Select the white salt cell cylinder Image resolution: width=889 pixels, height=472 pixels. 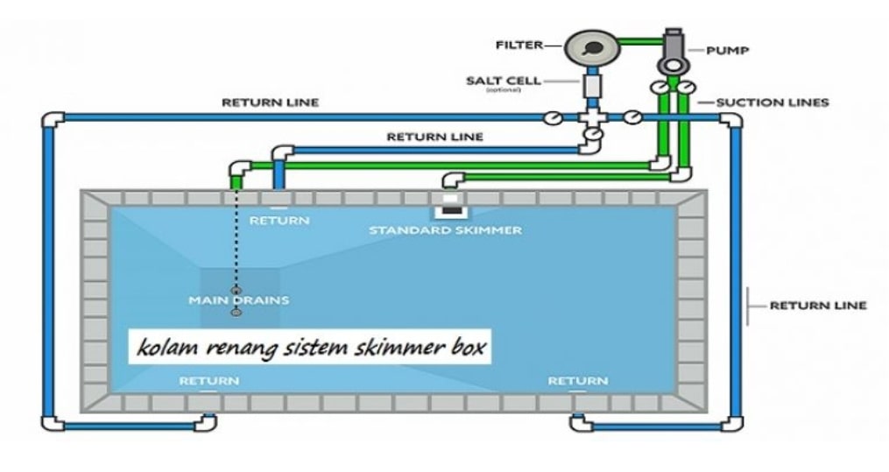pos(591,88)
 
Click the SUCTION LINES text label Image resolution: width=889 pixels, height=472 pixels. pos(772,102)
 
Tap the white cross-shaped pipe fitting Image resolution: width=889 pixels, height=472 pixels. pos(591,116)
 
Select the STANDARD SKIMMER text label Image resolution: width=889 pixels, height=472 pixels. pos(445,230)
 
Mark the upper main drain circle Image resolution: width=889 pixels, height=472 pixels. pos(235,290)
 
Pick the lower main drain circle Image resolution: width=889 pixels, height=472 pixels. pos(235,312)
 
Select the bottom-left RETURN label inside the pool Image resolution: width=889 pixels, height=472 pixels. pos(208,381)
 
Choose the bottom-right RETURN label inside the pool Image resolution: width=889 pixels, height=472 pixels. pos(577,381)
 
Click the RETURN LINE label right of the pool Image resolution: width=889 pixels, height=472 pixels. pos(817,306)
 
